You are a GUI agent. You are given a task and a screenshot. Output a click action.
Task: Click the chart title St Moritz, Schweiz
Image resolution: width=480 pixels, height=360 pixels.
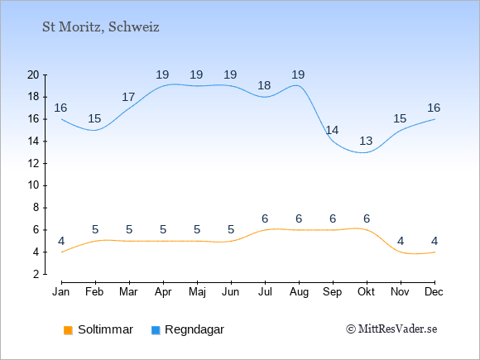pos(101,27)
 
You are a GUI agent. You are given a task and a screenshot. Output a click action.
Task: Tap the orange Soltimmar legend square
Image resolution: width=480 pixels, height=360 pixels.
pos(68,330)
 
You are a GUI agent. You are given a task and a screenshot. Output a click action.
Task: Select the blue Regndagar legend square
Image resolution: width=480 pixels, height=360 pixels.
pos(156,330)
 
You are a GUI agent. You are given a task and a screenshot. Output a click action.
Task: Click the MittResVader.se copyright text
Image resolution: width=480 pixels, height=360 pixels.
pos(391,329)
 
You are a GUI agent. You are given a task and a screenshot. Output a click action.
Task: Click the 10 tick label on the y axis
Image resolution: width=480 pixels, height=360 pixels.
pos(33,185)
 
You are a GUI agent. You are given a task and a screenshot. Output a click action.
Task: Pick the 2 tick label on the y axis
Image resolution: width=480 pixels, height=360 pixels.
pos(36,274)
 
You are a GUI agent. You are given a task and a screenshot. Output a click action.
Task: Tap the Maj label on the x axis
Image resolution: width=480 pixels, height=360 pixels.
pos(197,292)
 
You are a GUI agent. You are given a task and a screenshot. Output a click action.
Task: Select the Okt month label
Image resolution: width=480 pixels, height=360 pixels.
pos(366,292)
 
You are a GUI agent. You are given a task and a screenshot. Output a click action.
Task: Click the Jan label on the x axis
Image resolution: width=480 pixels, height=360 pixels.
pos(61,292)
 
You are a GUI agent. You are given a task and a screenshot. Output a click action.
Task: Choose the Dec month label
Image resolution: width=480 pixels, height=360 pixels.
pos(434,292)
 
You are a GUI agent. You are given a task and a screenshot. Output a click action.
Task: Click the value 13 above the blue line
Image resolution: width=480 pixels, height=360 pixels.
pos(366,142)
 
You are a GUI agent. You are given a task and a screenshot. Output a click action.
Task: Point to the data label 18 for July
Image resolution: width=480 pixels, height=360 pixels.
pos(264,85)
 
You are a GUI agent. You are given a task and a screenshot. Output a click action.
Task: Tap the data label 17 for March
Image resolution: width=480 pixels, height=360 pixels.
pos(128,98)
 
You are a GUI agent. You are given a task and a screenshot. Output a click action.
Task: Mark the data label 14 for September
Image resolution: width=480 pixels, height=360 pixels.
pos(332,131)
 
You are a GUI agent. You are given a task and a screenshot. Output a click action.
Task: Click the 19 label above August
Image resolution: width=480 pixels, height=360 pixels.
pos(298,74)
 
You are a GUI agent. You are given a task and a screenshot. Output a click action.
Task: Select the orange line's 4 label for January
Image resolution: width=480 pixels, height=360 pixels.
pos(61,241)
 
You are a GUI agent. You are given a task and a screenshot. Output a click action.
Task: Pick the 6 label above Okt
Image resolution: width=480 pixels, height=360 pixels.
pos(367,218)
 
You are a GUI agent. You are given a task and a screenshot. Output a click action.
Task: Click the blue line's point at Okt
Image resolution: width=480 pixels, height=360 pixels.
pos(367,152)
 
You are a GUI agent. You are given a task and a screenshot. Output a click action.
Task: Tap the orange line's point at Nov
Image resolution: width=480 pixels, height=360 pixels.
pos(401,252)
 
